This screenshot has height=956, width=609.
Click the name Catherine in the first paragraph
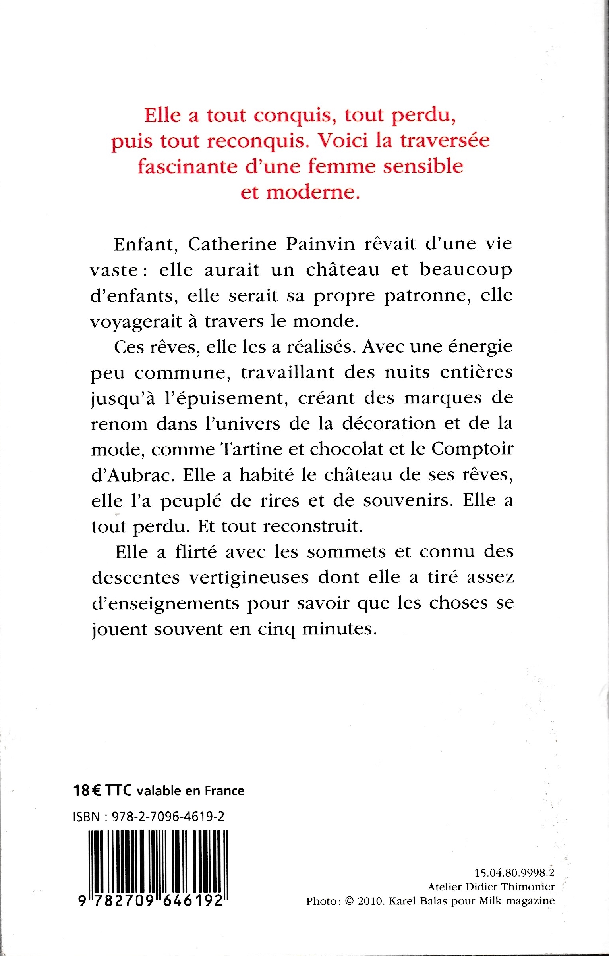[232, 244]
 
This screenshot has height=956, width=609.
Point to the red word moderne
[313, 192]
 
